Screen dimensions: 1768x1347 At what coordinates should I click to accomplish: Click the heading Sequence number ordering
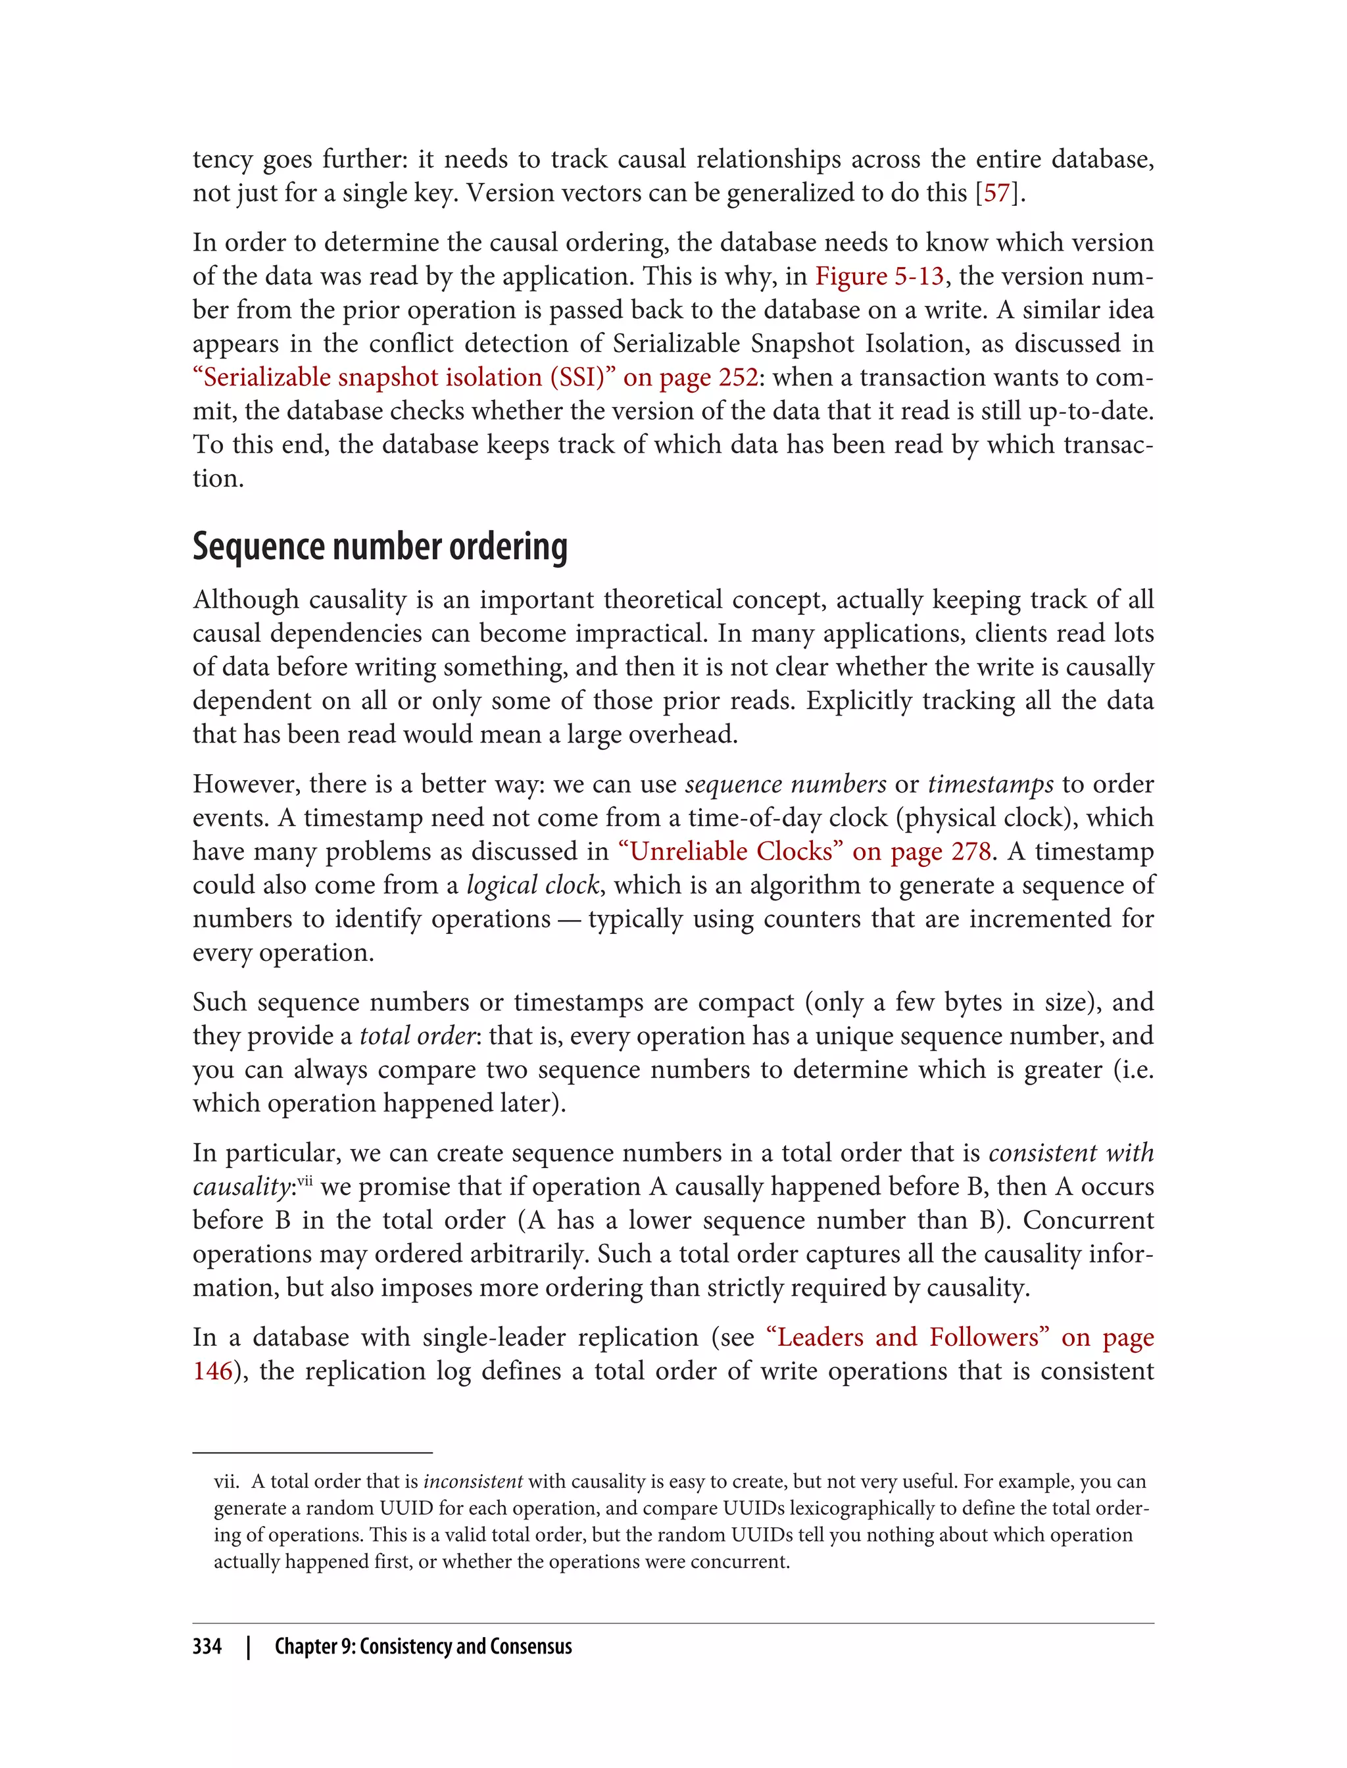tap(380, 547)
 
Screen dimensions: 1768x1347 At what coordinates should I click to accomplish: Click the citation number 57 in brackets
tap(996, 193)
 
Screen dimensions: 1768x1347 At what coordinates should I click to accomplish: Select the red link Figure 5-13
tap(879, 277)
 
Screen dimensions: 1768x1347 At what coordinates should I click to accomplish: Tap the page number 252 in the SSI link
tap(739, 378)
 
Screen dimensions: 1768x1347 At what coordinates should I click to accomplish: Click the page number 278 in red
tap(971, 852)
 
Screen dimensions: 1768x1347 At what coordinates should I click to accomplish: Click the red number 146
tap(212, 1371)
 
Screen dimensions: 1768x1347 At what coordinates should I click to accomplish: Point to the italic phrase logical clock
tap(532, 885)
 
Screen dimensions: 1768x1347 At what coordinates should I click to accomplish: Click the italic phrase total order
tap(418, 1036)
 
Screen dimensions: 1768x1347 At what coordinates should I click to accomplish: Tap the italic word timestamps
tap(991, 784)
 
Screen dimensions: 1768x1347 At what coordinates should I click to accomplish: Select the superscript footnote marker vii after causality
tap(305, 1180)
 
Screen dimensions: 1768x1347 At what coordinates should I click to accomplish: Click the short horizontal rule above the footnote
tap(312, 1452)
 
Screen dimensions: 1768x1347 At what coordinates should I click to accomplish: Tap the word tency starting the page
tap(223, 160)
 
